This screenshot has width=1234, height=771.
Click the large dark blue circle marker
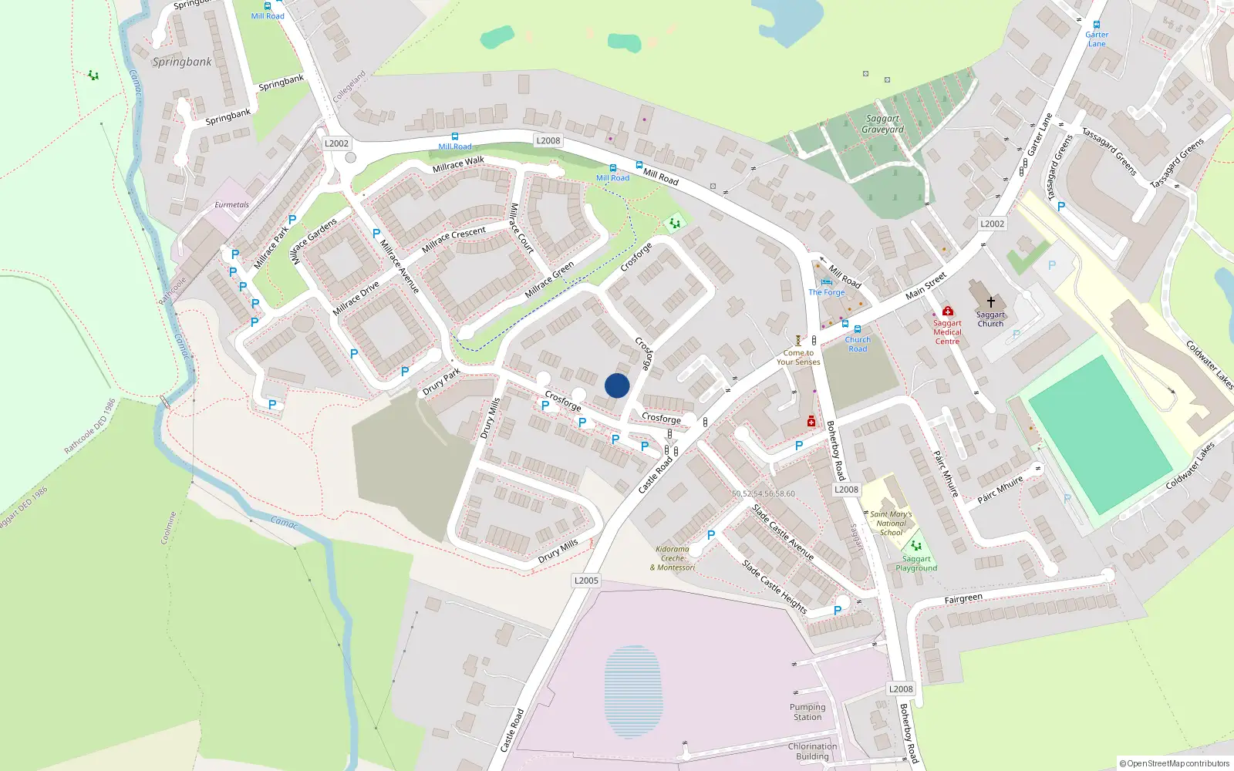coord(617,385)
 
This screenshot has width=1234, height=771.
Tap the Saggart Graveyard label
coord(883,124)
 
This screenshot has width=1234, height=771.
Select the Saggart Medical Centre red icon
coord(947,311)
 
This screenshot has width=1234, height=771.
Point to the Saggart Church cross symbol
coord(991,301)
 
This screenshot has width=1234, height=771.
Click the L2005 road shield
coord(586,581)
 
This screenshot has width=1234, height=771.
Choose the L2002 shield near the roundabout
coord(336,143)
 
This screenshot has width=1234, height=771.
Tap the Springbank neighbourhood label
coord(182,62)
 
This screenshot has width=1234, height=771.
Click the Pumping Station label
coord(807,712)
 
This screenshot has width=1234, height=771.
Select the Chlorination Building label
coord(812,751)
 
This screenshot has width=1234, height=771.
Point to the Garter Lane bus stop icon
coord(1097,25)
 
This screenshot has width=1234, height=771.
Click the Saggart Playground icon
coord(916,545)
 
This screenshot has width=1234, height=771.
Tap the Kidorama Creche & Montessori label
coord(673,558)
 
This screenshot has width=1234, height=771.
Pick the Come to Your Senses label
coord(798,357)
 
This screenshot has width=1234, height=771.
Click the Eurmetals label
coord(231,205)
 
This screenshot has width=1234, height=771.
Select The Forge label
coord(827,292)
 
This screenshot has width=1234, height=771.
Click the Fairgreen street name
coord(963,599)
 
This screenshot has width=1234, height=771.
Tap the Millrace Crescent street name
coord(454,239)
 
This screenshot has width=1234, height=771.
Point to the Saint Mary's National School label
coord(891,523)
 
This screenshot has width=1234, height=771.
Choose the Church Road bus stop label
coord(858,344)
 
